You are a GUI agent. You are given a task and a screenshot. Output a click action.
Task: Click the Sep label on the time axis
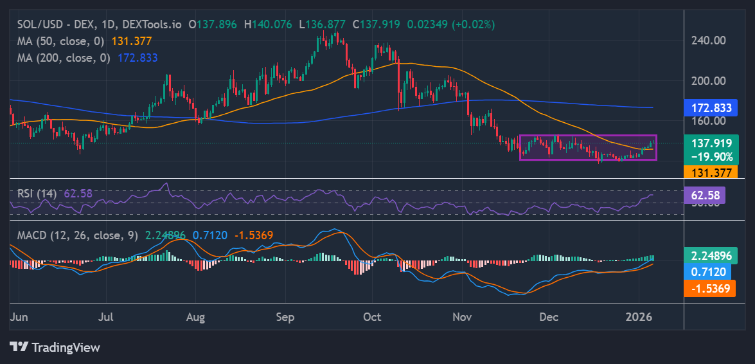(x=284, y=317)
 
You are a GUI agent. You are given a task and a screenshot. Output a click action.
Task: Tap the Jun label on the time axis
(x=19, y=317)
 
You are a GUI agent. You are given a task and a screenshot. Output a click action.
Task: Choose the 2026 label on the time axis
(x=639, y=317)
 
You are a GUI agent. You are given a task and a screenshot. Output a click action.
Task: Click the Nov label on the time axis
(x=462, y=317)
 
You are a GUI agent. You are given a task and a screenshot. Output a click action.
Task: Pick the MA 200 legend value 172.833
(x=138, y=57)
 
